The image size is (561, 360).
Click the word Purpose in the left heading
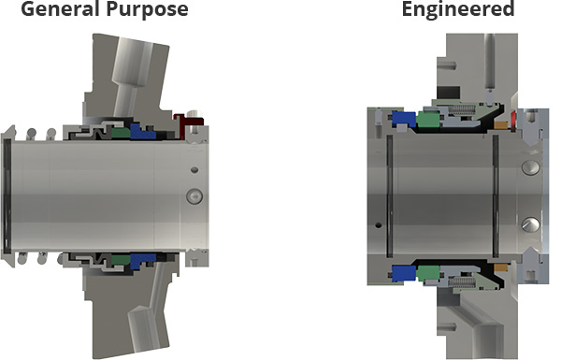point(144,9)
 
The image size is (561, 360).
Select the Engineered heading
point(458,9)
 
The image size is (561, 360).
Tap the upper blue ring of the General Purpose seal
point(142,131)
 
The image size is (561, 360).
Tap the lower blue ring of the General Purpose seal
point(142,261)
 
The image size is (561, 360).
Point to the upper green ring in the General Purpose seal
point(121,133)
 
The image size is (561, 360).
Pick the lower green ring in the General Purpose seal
point(121,259)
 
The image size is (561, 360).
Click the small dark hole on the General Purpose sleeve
point(194,169)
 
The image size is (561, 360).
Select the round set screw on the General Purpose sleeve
point(194,196)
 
